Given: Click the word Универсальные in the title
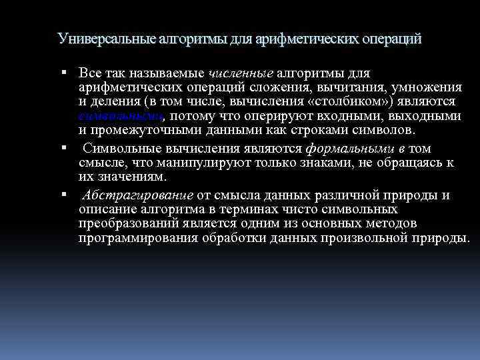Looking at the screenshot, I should pyautogui.click(x=107, y=39).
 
